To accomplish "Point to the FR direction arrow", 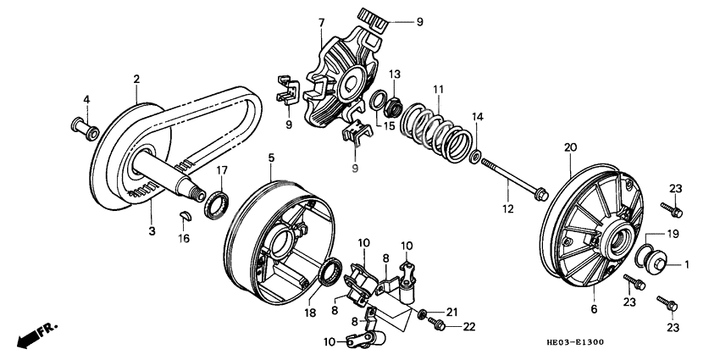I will tap(32, 334).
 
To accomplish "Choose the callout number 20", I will tap(569, 147).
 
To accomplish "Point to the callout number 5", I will tap(271, 157).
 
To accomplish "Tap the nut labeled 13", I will tap(393, 107).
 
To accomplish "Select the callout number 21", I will tap(451, 311).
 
